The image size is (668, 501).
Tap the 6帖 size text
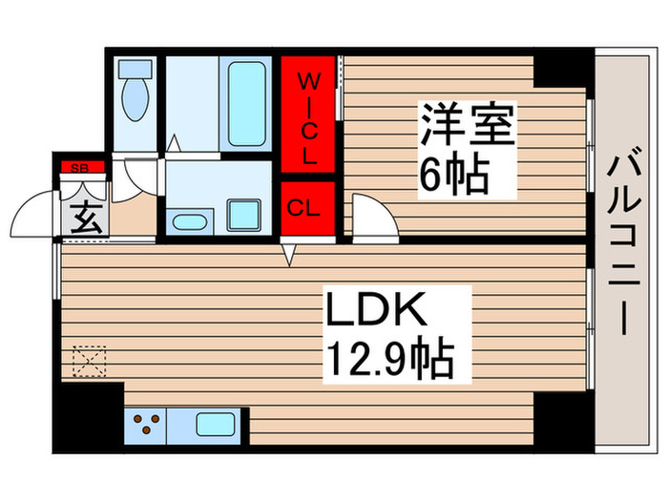(453, 175)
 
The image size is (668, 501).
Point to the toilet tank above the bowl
(135, 70)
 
